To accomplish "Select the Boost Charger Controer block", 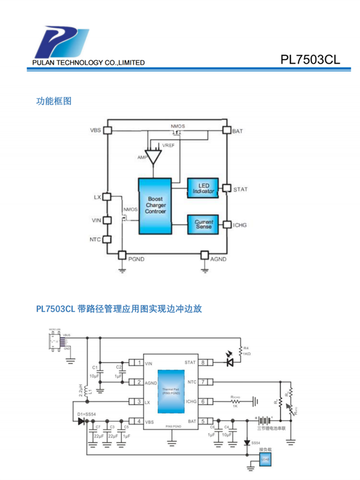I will tap(155, 205).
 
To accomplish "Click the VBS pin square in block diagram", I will tap(108, 130).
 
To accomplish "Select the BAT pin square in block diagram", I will tap(227, 130).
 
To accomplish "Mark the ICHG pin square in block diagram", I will tap(227, 224).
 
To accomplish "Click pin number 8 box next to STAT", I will tap(204, 363).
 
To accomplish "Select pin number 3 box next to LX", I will tap(138, 402).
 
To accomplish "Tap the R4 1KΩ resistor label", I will tap(247, 350).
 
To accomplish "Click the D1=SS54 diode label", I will tap(86, 414).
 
